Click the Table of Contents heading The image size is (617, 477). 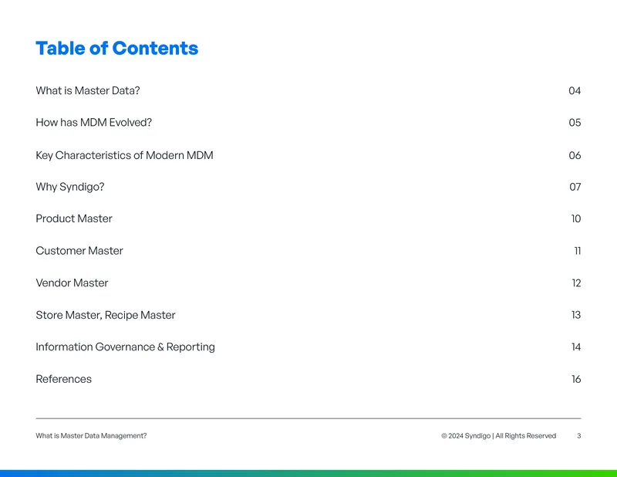(117, 49)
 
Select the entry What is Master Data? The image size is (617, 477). (88, 90)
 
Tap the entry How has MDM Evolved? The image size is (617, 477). (93, 123)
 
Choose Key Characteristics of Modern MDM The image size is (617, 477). (124, 155)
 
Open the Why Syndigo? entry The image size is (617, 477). (70, 187)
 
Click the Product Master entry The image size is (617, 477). (74, 218)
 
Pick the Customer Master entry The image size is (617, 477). (79, 251)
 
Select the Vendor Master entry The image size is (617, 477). (72, 282)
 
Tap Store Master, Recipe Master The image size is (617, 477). (106, 315)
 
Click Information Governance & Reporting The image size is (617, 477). (125, 347)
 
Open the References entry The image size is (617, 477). (64, 379)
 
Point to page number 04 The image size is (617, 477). (575, 90)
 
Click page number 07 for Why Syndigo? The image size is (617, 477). (575, 187)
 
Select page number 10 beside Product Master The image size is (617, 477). (576, 218)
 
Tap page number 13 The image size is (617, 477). (576, 315)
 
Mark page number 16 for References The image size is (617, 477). (576, 379)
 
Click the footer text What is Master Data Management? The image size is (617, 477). (91, 435)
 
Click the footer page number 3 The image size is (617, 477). (579, 435)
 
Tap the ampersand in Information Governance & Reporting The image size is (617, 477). (160, 347)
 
